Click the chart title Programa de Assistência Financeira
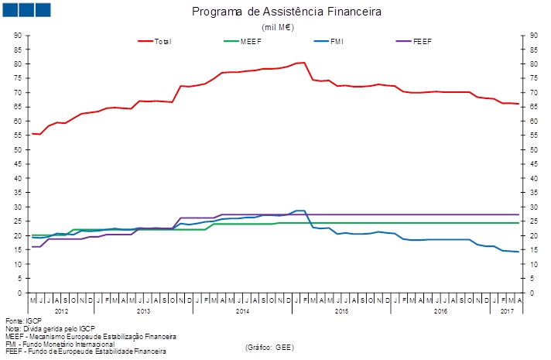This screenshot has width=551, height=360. click(287, 12)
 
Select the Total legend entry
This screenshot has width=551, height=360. click(162, 41)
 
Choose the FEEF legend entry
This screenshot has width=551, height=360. click(422, 41)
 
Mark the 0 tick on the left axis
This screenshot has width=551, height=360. click(21, 293)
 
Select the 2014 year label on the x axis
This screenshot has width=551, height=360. click(241, 310)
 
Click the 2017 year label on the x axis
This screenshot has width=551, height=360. click(507, 310)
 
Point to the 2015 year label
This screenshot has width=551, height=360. click(341, 310)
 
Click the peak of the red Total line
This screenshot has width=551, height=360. click(304, 63)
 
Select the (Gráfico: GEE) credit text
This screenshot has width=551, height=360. click(269, 347)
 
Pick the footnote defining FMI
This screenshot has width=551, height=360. click(60, 344)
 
